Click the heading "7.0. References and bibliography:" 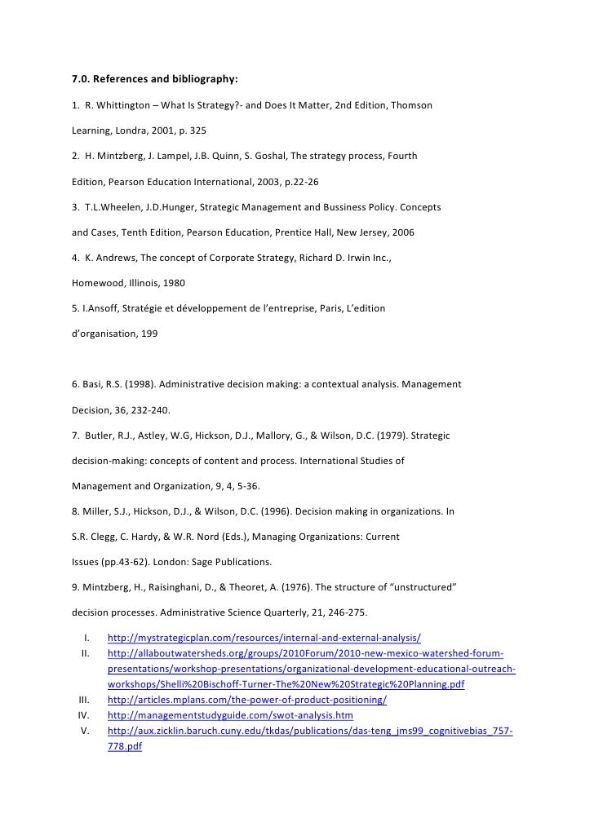(155, 80)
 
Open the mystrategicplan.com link (264, 637)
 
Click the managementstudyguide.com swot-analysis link (230, 715)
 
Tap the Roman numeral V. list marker (84, 731)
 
